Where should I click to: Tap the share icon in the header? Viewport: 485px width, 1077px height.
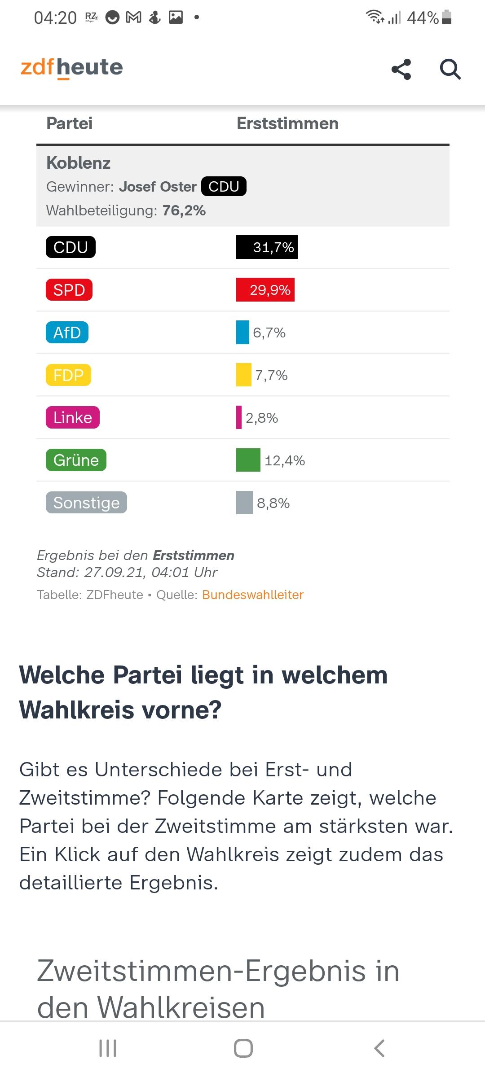pyautogui.click(x=401, y=69)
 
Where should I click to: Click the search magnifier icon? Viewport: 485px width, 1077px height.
pyautogui.click(x=450, y=70)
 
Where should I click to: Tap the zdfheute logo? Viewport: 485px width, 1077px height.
pyautogui.click(x=72, y=68)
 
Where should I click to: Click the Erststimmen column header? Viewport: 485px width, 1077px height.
pyautogui.click(x=287, y=123)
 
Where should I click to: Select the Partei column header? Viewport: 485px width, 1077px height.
pyautogui.click(x=70, y=123)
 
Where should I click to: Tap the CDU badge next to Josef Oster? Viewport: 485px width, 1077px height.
pyautogui.click(x=224, y=186)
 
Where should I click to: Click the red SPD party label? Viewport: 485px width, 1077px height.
pyautogui.click(x=69, y=290)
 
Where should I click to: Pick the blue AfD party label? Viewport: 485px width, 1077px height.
pyautogui.click(x=67, y=333)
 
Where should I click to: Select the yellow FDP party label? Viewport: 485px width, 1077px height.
pyautogui.click(x=68, y=375)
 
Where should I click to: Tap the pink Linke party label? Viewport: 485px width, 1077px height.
pyautogui.click(x=73, y=418)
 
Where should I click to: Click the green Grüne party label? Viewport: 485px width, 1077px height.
pyautogui.click(x=76, y=460)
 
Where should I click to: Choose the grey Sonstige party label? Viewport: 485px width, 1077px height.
pyautogui.click(x=86, y=503)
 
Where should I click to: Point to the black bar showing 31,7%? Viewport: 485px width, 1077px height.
pyautogui.click(x=267, y=247)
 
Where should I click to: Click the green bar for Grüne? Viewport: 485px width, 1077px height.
pyautogui.click(x=248, y=460)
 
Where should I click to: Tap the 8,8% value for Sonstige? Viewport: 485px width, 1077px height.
pyautogui.click(x=273, y=503)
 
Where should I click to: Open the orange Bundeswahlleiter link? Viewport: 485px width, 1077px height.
pyautogui.click(x=253, y=595)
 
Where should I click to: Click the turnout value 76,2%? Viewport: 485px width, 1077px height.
pyautogui.click(x=184, y=210)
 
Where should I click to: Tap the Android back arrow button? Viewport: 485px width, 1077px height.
pyautogui.click(x=379, y=1048)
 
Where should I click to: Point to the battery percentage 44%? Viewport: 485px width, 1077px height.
pyautogui.click(x=423, y=18)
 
